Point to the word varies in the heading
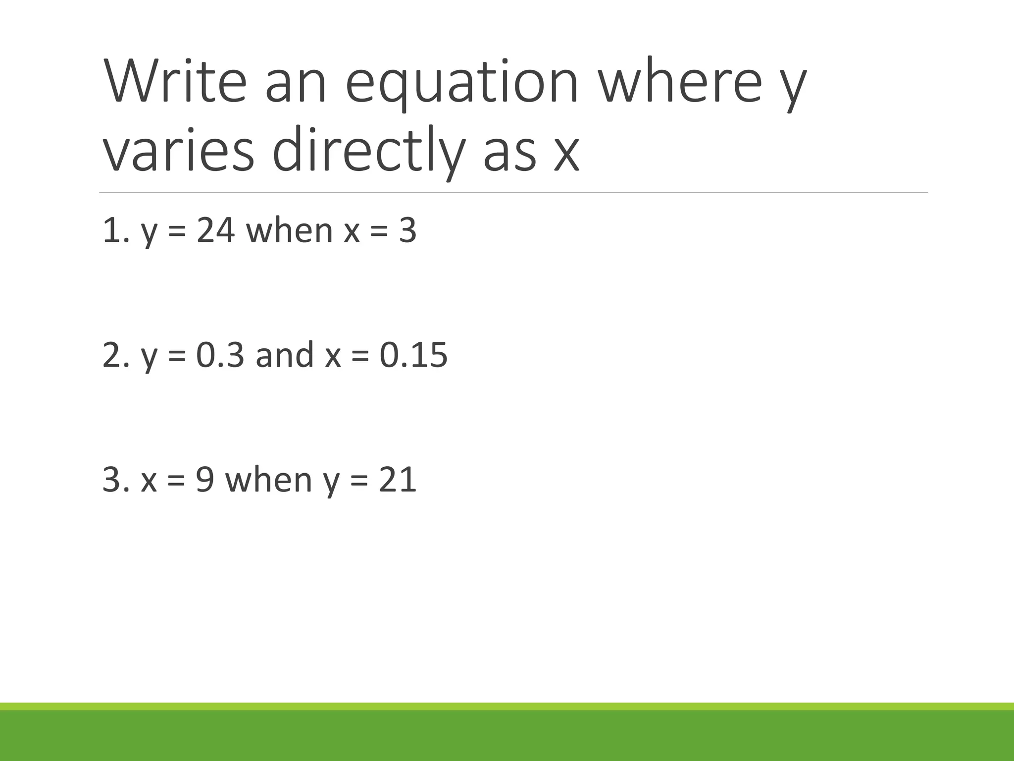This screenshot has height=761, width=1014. tap(178, 150)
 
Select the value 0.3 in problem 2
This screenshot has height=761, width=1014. tap(220, 355)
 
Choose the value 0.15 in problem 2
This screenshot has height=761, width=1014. tap(413, 355)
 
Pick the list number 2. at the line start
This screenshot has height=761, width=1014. tap(115, 355)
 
